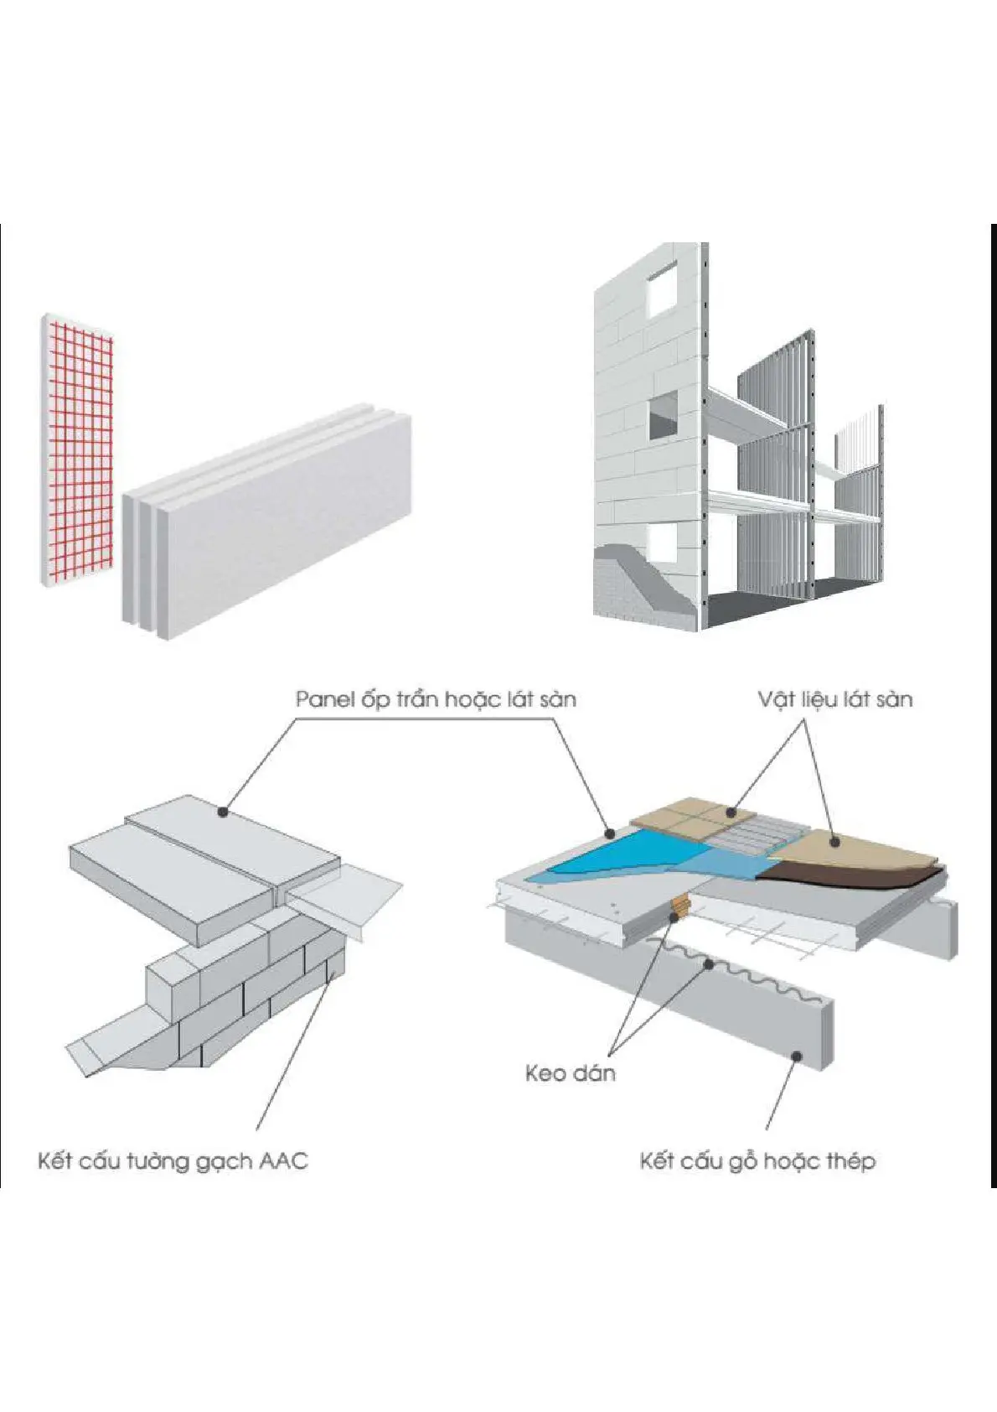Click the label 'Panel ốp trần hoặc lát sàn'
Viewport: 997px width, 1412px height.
point(436,698)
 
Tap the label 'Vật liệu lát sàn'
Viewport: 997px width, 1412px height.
point(834,698)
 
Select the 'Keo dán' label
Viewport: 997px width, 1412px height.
point(570,1073)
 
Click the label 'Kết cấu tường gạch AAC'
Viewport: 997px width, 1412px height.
point(173,1161)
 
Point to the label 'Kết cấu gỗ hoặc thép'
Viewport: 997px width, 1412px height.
point(757,1161)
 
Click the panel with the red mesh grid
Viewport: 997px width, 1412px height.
point(77,453)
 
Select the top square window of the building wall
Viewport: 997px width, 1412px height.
point(662,289)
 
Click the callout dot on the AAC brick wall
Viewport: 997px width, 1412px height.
point(333,973)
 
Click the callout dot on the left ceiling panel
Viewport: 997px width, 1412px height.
point(222,811)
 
